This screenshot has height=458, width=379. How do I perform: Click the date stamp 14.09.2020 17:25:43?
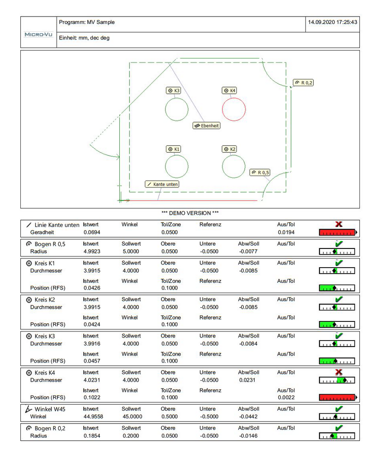pos(333,22)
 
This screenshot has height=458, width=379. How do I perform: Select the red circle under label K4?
pos(233,109)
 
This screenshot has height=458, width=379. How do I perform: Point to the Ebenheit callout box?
pos(207,126)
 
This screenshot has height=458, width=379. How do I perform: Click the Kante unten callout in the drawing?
pos(162,184)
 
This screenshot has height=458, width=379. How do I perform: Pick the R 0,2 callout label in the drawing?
pos(303,83)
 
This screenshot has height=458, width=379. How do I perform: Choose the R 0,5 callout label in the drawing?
pos(260,173)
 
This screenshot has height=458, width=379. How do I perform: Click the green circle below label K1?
pos(177,166)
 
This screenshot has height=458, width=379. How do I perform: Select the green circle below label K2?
pos(233,166)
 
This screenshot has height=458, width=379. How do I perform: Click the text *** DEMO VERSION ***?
pos(190,213)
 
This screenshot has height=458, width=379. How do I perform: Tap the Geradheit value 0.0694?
pos(92,232)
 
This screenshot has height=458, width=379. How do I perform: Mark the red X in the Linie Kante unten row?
pos(339,224)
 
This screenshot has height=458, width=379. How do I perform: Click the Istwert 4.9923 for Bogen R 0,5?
pos(92,251)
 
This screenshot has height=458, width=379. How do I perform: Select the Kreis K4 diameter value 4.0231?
pos(92,380)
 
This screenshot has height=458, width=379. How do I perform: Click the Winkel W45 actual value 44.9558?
pos(93,416)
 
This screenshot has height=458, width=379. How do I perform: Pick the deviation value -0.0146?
pos(248,436)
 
